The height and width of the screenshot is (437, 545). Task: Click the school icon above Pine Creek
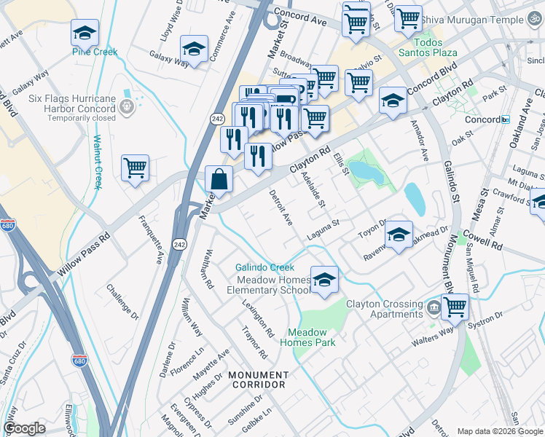85,34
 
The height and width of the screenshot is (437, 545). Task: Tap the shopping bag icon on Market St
219,178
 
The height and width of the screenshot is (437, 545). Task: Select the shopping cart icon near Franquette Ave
136,168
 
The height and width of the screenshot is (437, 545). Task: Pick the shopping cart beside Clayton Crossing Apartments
455,307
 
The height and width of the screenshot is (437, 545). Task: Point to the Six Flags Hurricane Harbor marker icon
128,107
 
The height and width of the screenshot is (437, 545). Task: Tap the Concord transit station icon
505,119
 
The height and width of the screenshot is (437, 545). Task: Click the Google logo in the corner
25,428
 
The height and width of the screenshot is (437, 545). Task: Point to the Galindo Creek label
264,267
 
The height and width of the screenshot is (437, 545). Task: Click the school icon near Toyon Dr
399,235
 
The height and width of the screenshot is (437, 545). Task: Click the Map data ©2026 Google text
499,430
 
